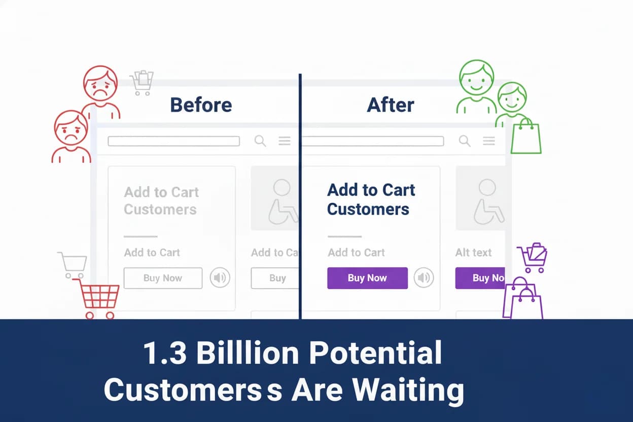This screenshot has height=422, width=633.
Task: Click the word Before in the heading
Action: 201,105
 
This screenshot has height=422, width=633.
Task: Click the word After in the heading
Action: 390,105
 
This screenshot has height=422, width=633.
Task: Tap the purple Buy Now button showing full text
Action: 367,278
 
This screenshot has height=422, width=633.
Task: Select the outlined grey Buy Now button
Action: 163,278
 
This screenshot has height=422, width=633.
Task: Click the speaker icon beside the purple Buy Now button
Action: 424,278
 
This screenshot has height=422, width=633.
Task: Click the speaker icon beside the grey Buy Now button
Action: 220,278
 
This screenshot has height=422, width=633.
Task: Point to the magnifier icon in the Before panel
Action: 260,141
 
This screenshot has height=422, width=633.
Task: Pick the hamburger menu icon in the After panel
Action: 488,141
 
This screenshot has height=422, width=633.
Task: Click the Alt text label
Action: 473,252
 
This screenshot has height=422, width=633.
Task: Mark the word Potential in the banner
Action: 375,353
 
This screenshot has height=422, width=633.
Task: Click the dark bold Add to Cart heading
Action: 371,190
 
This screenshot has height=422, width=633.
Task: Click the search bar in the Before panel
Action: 173,141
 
